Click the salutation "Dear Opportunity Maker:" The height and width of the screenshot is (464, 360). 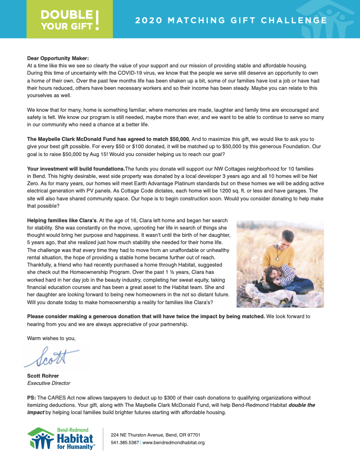click(58, 58)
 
